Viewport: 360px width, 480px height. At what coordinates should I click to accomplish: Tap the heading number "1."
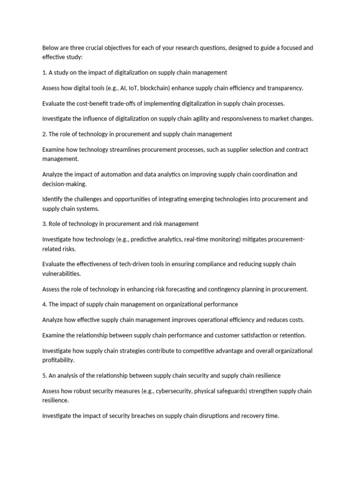(x=45, y=73)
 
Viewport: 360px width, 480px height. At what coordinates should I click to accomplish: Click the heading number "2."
(x=45, y=134)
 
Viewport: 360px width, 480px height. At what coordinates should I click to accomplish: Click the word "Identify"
(x=52, y=199)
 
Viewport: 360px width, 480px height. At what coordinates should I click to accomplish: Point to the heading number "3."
(x=45, y=224)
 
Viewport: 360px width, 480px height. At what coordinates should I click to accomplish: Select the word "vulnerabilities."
(x=61, y=273)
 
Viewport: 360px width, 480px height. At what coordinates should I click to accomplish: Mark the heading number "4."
(x=45, y=304)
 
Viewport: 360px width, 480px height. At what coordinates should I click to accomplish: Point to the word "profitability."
(x=59, y=360)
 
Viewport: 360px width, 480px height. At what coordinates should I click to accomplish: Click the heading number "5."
(x=45, y=375)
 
